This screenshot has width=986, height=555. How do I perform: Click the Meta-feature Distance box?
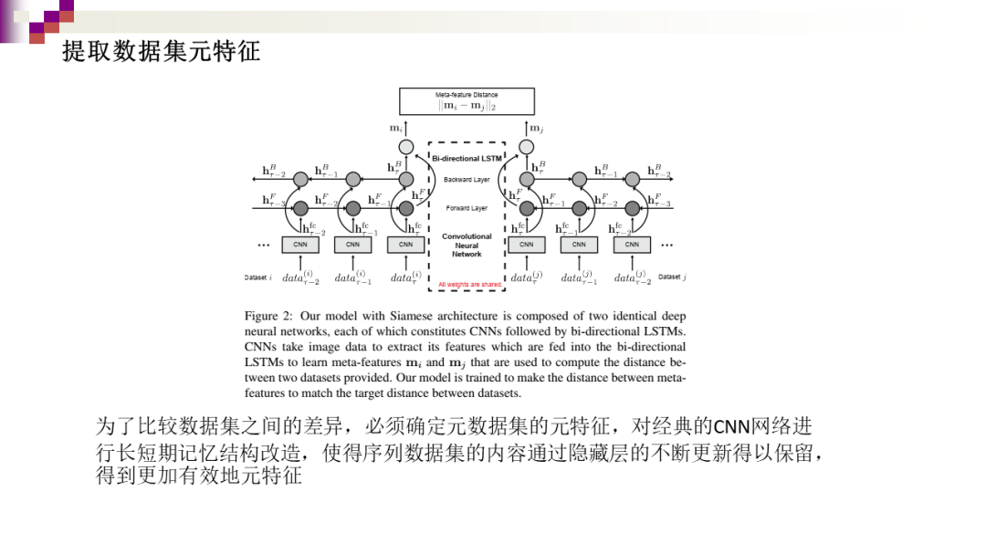pyautogui.click(x=467, y=100)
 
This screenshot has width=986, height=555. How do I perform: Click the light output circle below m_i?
pyautogui.click(x=406, y=147)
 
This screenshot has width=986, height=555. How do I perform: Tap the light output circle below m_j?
pyautogui.click(x=526, y=147)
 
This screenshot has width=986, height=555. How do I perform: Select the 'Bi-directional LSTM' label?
pyautogui.click(x=467, y=159)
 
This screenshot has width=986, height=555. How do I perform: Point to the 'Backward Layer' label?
pyautogui.click(x=467, y=180)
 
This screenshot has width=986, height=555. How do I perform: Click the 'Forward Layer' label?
pyautogui.click(x=467, y=208)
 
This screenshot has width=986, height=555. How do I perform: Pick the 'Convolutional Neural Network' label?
pyautogui.click(x=467, y=245)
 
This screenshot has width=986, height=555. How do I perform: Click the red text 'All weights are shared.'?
pyautogui.click(x=470, y=285)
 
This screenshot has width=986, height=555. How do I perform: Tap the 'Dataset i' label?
pyautogui.click(x=258, y=277)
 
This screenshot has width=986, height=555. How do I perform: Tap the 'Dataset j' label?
pyautogui.click(x=672, y=277)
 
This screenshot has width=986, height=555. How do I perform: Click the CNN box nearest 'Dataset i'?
pyautogui.click(x=299, y=245)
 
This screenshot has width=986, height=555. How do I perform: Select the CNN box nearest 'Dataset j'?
pyautogui.click(x=632, y=245)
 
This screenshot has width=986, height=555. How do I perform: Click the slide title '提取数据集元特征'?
pyautogui.click(x=162, y=52)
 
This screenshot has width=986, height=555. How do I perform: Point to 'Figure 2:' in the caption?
pyautogui.click(x=268, y=317)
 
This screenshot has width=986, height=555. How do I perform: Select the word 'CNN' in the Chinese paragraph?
pyautogui.click(x=729, y=426)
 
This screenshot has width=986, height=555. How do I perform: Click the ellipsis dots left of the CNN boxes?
pyautogui.click(x=264, y=245)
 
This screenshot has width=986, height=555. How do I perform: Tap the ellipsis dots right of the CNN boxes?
pyautogui.click(x=666, y=245)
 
